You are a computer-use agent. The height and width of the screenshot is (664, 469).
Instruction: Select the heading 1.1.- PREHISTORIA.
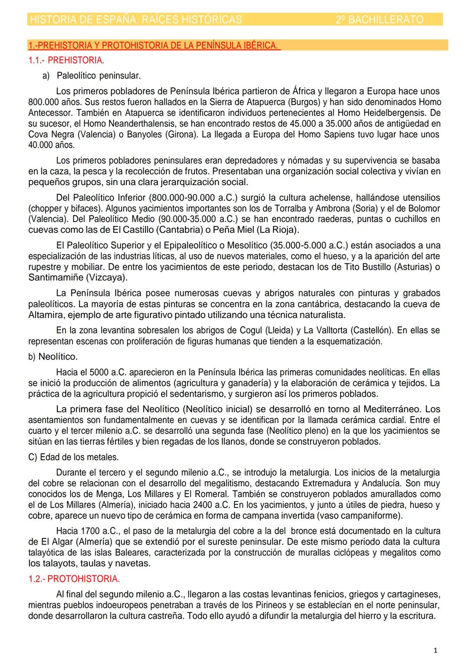click(66, 60)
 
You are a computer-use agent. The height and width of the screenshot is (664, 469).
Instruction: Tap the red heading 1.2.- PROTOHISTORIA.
click(74, 579)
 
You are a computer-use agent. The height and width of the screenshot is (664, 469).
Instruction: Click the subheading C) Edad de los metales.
click(73, 457)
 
